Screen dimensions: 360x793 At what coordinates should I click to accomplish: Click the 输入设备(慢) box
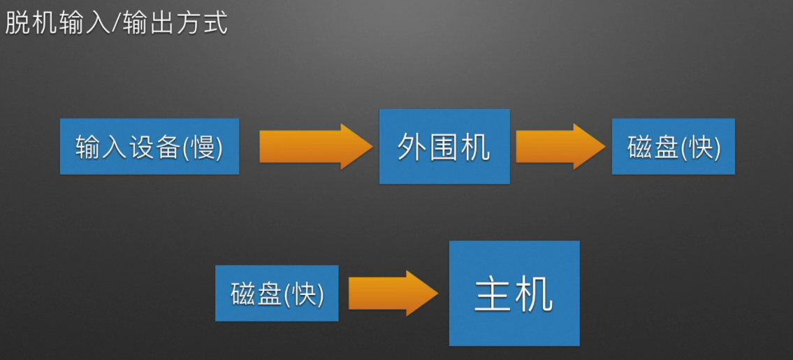[x=150, y=146]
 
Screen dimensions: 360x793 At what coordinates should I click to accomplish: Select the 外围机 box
[x=444, y=146]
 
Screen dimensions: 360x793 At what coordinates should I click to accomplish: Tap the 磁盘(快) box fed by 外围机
[x=673, y=146]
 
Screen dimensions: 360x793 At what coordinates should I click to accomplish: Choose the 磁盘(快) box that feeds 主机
[x=277, y=293]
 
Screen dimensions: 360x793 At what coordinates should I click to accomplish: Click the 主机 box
[x=514, y=293]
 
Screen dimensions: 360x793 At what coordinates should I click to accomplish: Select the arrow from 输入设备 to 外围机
[x=315, y=146]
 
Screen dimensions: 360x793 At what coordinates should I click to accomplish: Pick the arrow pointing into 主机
[x=392, y=293]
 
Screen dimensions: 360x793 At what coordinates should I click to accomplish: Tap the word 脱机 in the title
[x=32, y=24]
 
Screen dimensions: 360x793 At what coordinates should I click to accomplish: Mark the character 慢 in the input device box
[x=203, y=147]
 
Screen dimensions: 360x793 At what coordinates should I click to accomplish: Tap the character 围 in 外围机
[x=444, y=147]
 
